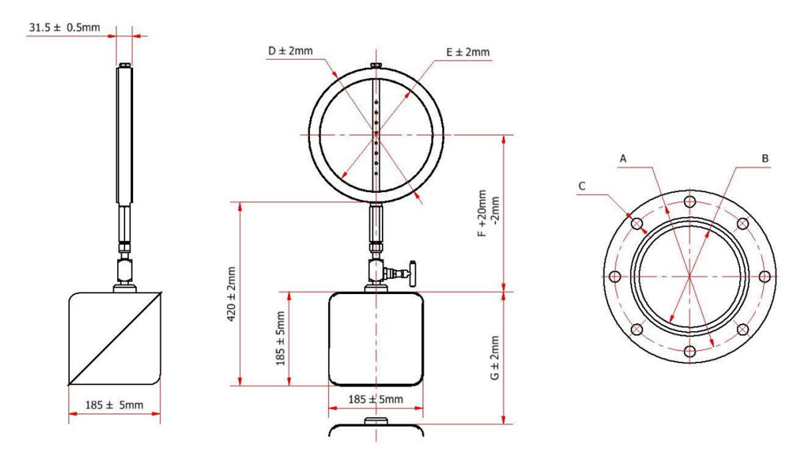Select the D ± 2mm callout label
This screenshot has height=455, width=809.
click(x=290, y=51)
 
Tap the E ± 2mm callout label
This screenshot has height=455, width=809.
click(x=468, y=52)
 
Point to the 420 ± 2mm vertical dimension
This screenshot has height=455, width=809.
click(x=232, y=294)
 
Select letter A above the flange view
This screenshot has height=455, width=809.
click(x=623, y=159)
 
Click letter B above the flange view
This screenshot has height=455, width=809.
click(x=765, y=159)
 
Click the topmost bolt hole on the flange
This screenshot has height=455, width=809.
click(x=690, y=201)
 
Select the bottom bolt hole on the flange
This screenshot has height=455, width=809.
click(x=690, y=351)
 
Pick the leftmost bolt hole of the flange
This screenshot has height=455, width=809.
click(x=615, y=276)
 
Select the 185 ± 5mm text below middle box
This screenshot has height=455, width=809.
click(x=376, y=399)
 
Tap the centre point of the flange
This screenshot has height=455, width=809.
click(x=690, y=276)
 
